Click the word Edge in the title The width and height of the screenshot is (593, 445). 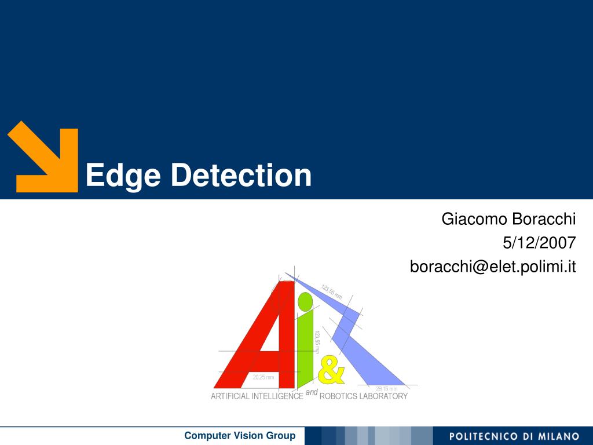click(x=123, y=176)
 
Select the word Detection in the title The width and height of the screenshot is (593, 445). click(x=241, y=175)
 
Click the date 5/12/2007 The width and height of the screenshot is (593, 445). click(x=539, y=243)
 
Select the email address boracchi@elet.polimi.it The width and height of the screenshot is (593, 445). click(x=493, y=267)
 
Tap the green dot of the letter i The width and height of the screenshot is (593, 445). click(x=305, y=301)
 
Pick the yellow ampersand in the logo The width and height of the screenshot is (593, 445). click(x=331, y=371)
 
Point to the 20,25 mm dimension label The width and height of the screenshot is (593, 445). click(x=263, y=377)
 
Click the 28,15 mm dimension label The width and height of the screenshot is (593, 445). click(x=386, y=389)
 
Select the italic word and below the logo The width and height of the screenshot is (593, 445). click(x=312, y=392)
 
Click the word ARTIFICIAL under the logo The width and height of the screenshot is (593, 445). click(x=230, y=396)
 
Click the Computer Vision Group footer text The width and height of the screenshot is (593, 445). click(x=240, y=436)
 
